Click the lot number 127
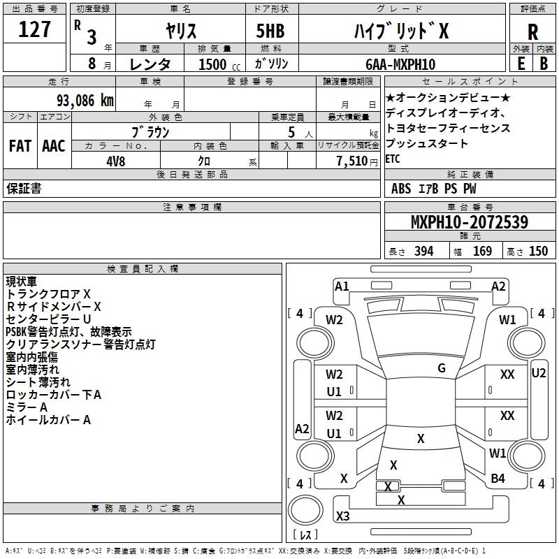[x=34, y=29]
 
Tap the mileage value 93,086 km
[x=85, y=101]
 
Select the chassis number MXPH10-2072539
[x=469, y=222]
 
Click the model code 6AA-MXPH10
[x=400, y=64]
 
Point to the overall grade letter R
[x=532, y=32]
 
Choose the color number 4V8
[x=116, y=161]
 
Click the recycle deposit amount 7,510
[x=352, y=161]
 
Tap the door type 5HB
[x=270, y=31]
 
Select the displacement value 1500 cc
[x=219, y=64]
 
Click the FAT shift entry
[x=20, y=146]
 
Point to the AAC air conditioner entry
[x=54, y=146]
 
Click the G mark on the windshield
[x=442, y=368]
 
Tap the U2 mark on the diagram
[x=538, y=373]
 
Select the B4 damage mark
[x=498, y=478]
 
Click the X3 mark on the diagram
[x=342, y=516]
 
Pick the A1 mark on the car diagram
[x=342, y=286]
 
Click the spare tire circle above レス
[x=305, y=510]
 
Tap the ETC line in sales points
[x=393, y=159]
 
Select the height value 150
[x=538, y=251]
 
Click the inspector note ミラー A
[x=27, y=407]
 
